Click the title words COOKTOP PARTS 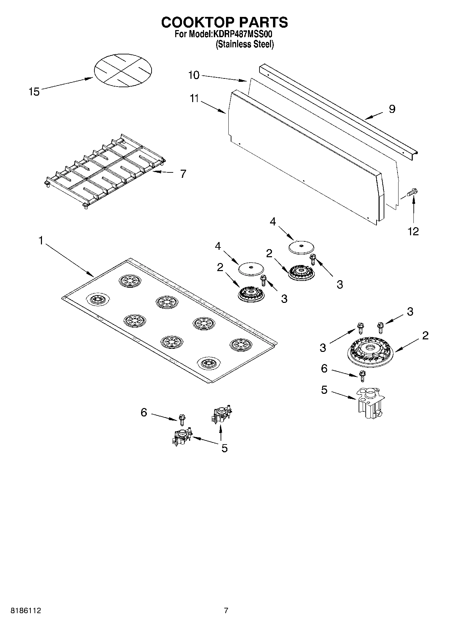tap(224, 22)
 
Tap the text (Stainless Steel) tap(245, 44)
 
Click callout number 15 tap(34, 92)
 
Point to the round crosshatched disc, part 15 tap(122, 70)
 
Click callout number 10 tap(194, 75)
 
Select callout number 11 tap(194, 98)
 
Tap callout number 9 tap(392, 109)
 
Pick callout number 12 tap(413, 231)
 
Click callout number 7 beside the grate tap(183, 173)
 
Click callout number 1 tap(41, 241)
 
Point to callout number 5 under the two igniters tap(224, 448)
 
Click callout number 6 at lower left tap(144, 412)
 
